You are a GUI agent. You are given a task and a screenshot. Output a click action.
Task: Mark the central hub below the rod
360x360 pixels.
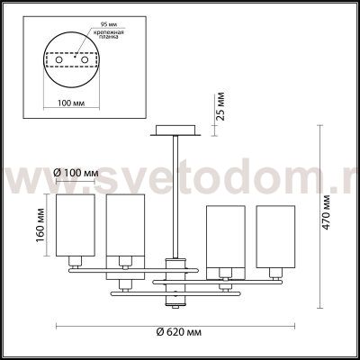click(x=171, y=275)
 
